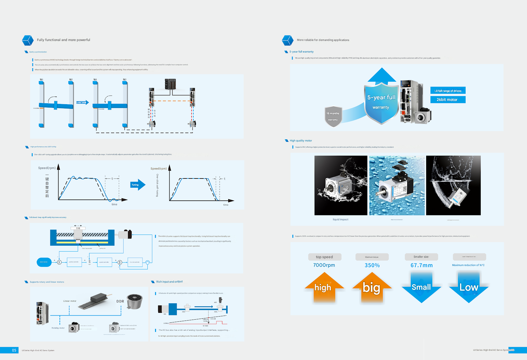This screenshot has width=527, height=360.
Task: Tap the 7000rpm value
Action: (x=324, y=265)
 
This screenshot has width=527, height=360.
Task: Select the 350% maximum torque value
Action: (x=372, y=265)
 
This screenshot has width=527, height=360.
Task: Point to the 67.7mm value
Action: (x=422, y=265)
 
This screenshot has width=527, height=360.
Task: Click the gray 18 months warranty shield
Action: (x=333, y=117)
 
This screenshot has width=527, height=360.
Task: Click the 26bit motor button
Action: (x=448, y=100)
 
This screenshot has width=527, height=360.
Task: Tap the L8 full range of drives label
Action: (x=448, y=91)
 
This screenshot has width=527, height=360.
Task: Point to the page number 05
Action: (x=14, y=350)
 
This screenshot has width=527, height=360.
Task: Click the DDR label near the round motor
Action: (x=120, y=301)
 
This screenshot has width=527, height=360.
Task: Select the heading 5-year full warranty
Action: (x=301, y=52)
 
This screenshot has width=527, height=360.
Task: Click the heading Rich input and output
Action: (x=169, y=282)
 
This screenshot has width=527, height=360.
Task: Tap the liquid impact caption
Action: (x=340, y=219)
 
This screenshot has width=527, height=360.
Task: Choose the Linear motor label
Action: (x=70, y=301)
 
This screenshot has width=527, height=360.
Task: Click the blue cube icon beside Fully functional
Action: (x=28, y=40)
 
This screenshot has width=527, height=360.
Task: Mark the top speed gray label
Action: (x=324, y=257)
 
